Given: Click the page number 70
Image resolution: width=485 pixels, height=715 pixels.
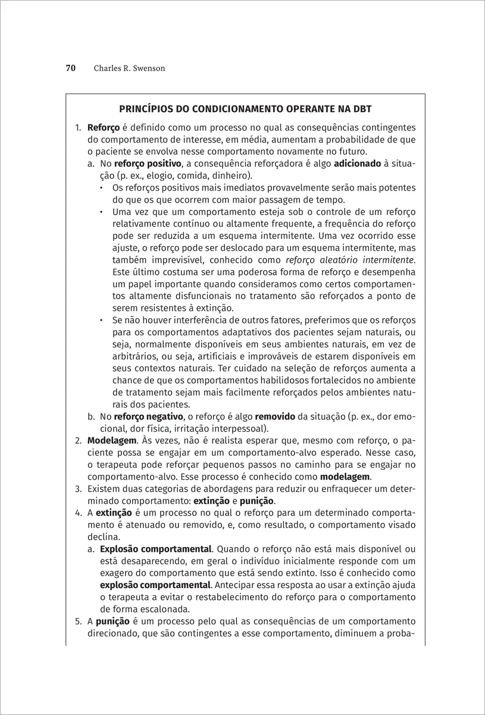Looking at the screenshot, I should pos(70,69).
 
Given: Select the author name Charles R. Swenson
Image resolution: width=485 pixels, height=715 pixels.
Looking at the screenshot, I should pos(129,69).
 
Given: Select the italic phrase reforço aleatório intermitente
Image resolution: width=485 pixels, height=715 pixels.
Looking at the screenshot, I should pos(350,260).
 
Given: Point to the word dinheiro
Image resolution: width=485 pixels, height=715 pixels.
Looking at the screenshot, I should pos(231,175).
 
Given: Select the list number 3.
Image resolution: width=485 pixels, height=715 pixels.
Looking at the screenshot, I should pos(78,490).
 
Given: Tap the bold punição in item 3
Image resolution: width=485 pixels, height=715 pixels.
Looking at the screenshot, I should pos(256,502).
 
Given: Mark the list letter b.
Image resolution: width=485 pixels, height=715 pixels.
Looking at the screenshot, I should pos(90,417).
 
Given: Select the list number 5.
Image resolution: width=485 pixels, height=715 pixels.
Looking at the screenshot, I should pos(78,621).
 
